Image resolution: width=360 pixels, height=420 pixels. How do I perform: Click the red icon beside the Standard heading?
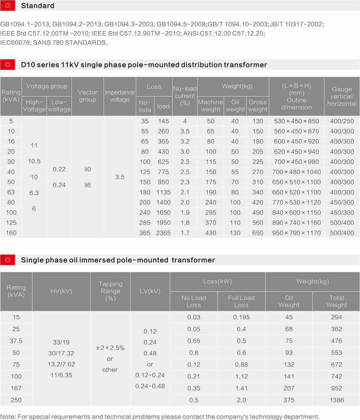pyautogui.click(x=8, y=6)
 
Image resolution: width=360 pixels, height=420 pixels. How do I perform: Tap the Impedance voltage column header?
pyautogui.click(x=120, y=96)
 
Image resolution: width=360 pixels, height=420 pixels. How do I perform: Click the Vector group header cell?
pyautogui.click(x=87, y=96)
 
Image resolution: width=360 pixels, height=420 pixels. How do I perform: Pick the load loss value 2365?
pyautogui.click(x=163, y=233)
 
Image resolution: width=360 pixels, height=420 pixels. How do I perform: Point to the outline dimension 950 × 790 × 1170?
pyautogui.click(x=296, y=233)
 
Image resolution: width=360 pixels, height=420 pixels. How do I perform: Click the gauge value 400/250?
pyautogui.click(x=342, y=121)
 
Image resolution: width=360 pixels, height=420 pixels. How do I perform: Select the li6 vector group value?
pyautogui.click(x=87, y=185)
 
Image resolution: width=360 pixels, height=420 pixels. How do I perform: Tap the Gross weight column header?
pyautogui.click(x=258, y=106)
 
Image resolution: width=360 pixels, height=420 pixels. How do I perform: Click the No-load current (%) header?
pyautogui.click(x=185, y=96)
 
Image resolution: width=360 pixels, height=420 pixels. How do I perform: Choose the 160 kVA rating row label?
pyautogui.click(x=11, y=233)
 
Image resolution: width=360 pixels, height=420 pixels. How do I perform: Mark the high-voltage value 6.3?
pyautogui.click(x=34, y=193)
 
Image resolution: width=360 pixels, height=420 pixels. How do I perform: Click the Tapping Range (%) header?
pyautogui.click(x=110, y=291)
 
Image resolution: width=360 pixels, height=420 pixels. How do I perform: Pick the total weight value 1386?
pyautogui.click(x=336, y=400)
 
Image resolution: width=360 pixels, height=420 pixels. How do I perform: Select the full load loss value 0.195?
pyautogui.click(x=241, y=317)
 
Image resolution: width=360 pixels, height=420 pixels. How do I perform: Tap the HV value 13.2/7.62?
pyautogui.click(x=61, y=364)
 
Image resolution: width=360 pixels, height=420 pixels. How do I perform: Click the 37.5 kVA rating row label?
pyautogui.click(x=16, y=341)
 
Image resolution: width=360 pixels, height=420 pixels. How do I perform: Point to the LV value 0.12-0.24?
pyautogui.click(x=150, y=375)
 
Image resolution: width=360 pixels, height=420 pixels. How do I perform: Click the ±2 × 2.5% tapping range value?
pyautogui.click(x=110, y=348)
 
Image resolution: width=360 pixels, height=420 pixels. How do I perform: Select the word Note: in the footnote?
pyautogui.click(x=8, y=416)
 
